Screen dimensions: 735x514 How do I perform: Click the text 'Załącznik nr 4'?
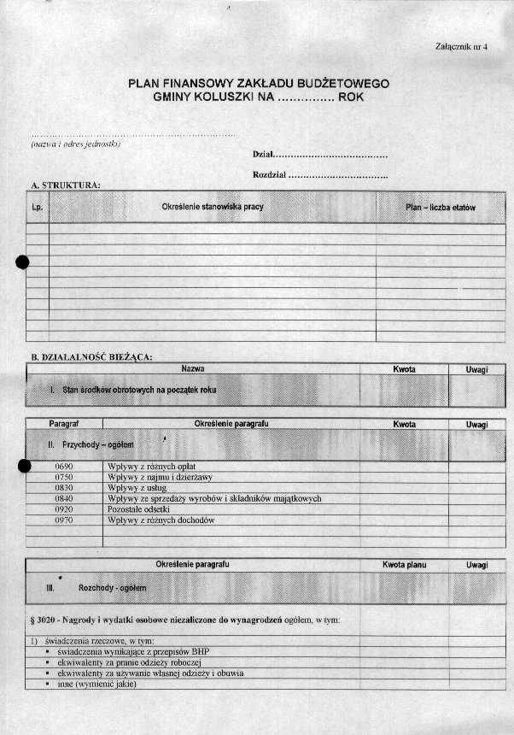[460, 47]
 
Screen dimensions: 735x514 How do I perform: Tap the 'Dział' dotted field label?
[263, 156]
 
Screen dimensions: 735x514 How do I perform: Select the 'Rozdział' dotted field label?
[269, 175]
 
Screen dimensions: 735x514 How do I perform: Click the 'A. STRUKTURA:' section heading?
[66, 185]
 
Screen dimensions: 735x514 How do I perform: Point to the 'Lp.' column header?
[37, 208]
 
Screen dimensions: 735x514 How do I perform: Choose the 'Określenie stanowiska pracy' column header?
[212, 207]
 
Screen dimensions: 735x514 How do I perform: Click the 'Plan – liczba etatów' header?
[440, 208]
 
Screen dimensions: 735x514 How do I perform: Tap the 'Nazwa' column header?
[193, 368]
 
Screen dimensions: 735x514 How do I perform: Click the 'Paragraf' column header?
[64, 424]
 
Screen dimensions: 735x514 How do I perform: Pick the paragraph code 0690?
[64, 466]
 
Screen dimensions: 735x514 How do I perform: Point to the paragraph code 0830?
[64, 488]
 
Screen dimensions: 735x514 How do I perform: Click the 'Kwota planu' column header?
[404, 565]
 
